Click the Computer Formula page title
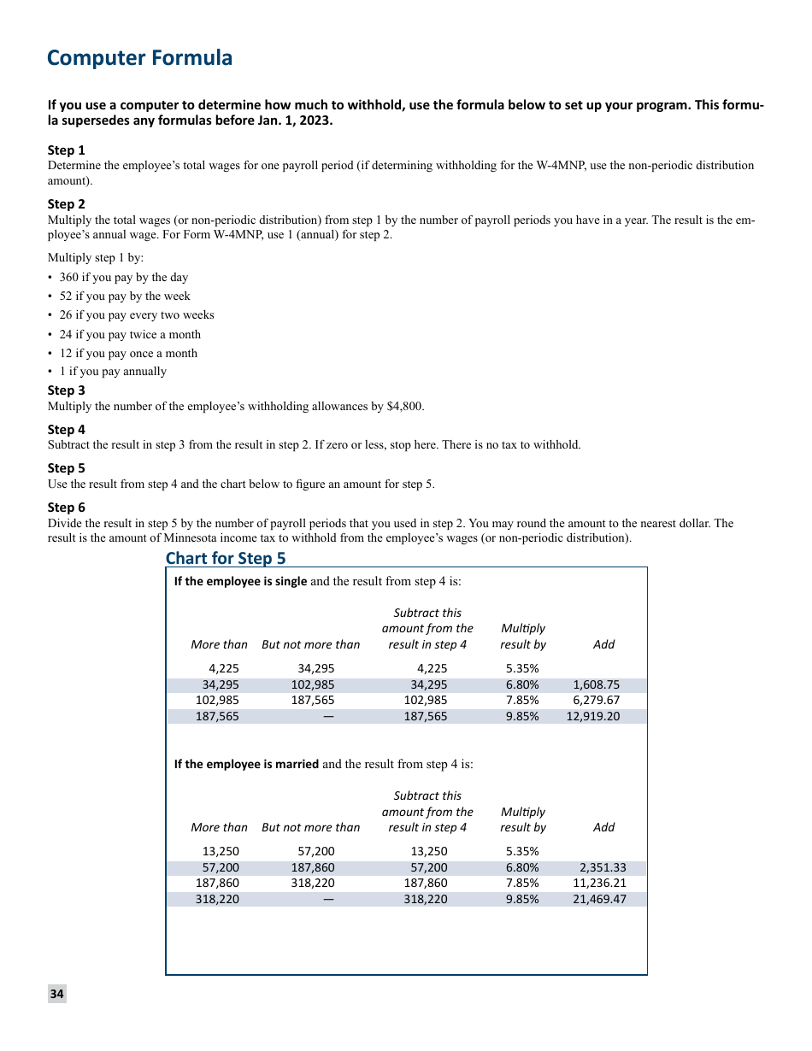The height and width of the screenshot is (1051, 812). tap(139, 58)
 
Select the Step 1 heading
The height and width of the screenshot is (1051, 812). tap(67, 150)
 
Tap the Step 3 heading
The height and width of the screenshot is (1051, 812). tap(67, 390)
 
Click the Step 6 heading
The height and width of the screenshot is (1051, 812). tap(67, 508)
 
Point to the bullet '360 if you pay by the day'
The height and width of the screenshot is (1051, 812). tap(123, 278)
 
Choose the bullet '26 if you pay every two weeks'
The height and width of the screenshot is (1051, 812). tap(137, 315)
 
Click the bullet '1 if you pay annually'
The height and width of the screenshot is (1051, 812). tap(113, 372)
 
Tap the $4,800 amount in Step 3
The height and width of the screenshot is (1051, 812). tap(404, 407)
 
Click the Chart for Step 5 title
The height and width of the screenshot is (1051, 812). tap(226, 558)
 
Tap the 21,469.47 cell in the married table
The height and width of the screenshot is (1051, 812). tap(599, 900)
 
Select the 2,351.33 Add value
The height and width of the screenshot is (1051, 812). tap(603, 868)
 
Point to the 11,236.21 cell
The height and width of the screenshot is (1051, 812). tap(599, 884)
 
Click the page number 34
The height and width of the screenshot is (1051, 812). tap(56, 994)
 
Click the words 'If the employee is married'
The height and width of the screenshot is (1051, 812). tap(246, 765)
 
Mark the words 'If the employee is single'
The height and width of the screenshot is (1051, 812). tap(240, 582)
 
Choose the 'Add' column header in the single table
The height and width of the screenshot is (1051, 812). tap(603, 645)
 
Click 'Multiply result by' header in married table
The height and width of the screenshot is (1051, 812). tap(522, 819)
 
